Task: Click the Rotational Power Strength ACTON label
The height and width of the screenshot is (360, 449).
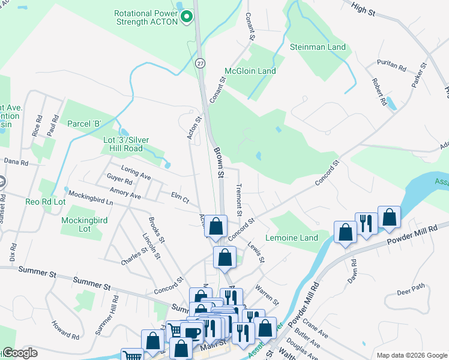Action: click(147, 17)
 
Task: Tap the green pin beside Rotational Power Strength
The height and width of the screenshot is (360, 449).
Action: click(187, 16)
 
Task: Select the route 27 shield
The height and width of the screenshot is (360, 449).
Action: click(200, 62)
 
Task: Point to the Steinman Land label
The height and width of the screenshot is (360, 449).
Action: click(318, 47)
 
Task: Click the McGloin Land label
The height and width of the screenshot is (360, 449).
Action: click(250, 71)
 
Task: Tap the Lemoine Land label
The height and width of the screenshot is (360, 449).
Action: click(295, 238)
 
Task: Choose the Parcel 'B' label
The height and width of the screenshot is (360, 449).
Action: click(84, 124)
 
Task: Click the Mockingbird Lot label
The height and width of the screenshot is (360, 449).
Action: click(84, 224)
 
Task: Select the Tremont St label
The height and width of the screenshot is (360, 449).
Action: click(239, 200)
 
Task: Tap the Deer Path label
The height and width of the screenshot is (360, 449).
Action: click(411, 293)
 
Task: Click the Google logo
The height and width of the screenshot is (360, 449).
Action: click(19, 353)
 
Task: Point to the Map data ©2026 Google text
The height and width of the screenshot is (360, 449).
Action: click(411, 355)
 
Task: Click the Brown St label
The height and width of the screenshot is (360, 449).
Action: click(218, 164)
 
